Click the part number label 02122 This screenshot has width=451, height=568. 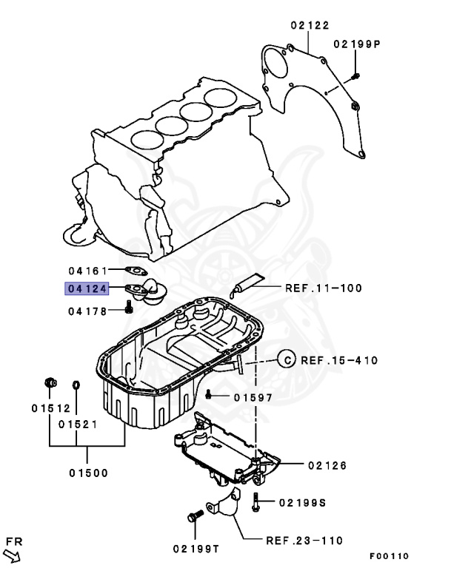[x=310, y=26]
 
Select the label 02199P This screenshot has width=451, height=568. [x=356, y=44]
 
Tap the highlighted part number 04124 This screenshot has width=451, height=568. [x=87, y=289]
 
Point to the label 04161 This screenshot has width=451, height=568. [x=88, y=271]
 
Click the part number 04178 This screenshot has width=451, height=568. [x=88, y=311]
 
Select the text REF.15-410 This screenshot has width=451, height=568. [x=339, y=361]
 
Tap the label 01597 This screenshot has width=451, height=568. [x=253, y=397]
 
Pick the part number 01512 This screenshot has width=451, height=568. [x=50, y=408]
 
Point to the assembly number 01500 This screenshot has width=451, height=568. [x=88, y=473]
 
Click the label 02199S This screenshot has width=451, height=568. [x=301, y=503]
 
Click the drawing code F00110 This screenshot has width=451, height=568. [x=389, y=556]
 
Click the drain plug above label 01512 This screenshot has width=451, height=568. [x=50, y=383]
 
